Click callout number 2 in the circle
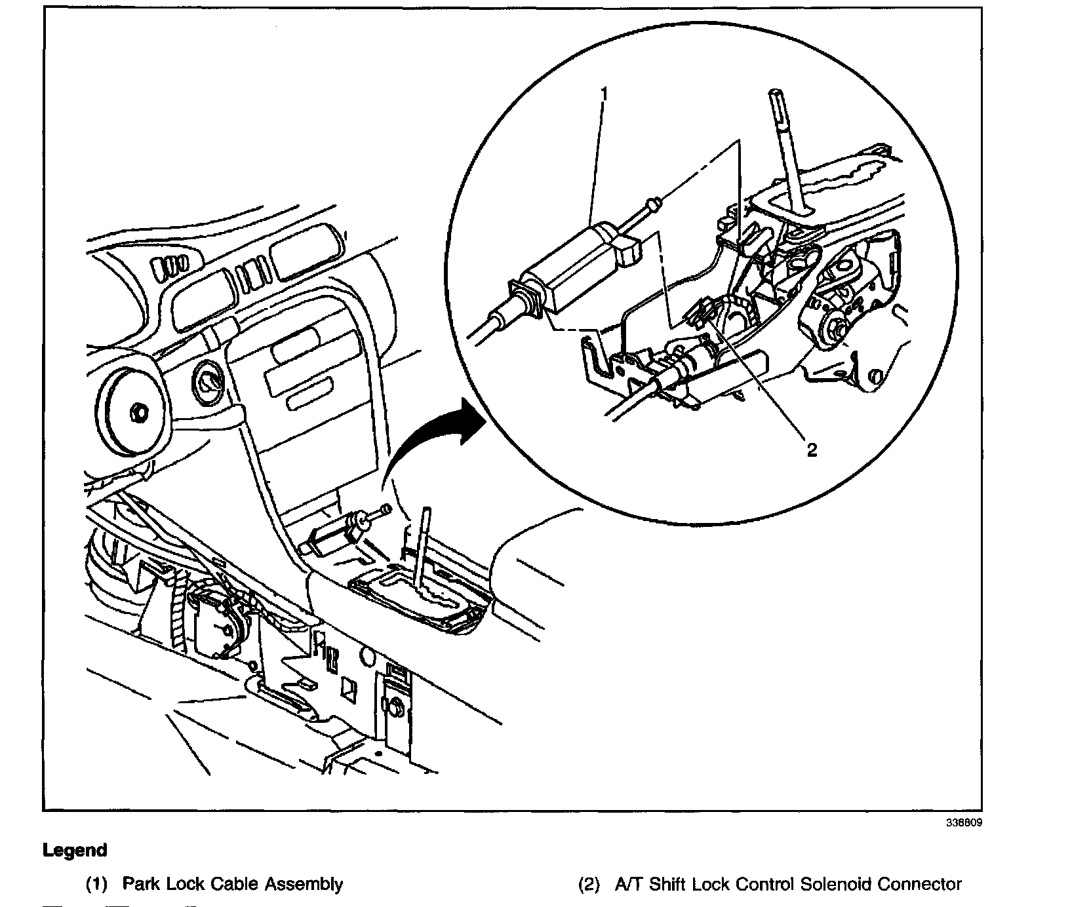(812, 450)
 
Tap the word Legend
(75, 851)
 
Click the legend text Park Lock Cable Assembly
(232, 884)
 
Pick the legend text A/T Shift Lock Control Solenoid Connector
(788, 884)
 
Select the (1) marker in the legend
(96, 884)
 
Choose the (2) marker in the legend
(588, 884)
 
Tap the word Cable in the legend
(235, 884)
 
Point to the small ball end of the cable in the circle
(653, 205)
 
